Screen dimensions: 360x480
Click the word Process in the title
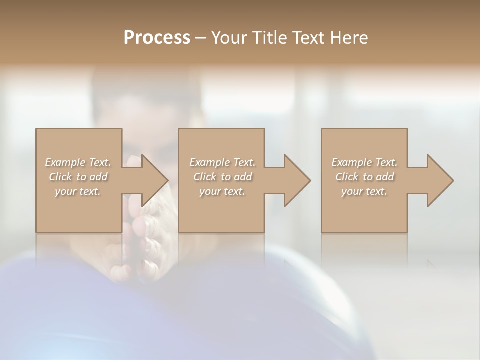tap(157, 38)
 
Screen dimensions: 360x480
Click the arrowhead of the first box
tap(152, 180)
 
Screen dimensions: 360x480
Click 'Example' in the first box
tap(65, 162)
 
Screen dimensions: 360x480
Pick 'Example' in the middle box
tap(209, 162)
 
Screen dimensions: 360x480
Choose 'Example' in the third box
tap(351, 162)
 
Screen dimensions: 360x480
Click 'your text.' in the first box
tap(78, 191)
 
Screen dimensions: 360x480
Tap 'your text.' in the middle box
tap(222, 191)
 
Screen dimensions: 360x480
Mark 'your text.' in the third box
tap(364, 191)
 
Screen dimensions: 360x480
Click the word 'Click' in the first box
tap(60, 177)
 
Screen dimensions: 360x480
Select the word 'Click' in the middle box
tap(204, 177)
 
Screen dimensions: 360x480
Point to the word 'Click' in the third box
tap(346, 177)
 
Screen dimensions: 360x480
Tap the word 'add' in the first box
tap(99, 177)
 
